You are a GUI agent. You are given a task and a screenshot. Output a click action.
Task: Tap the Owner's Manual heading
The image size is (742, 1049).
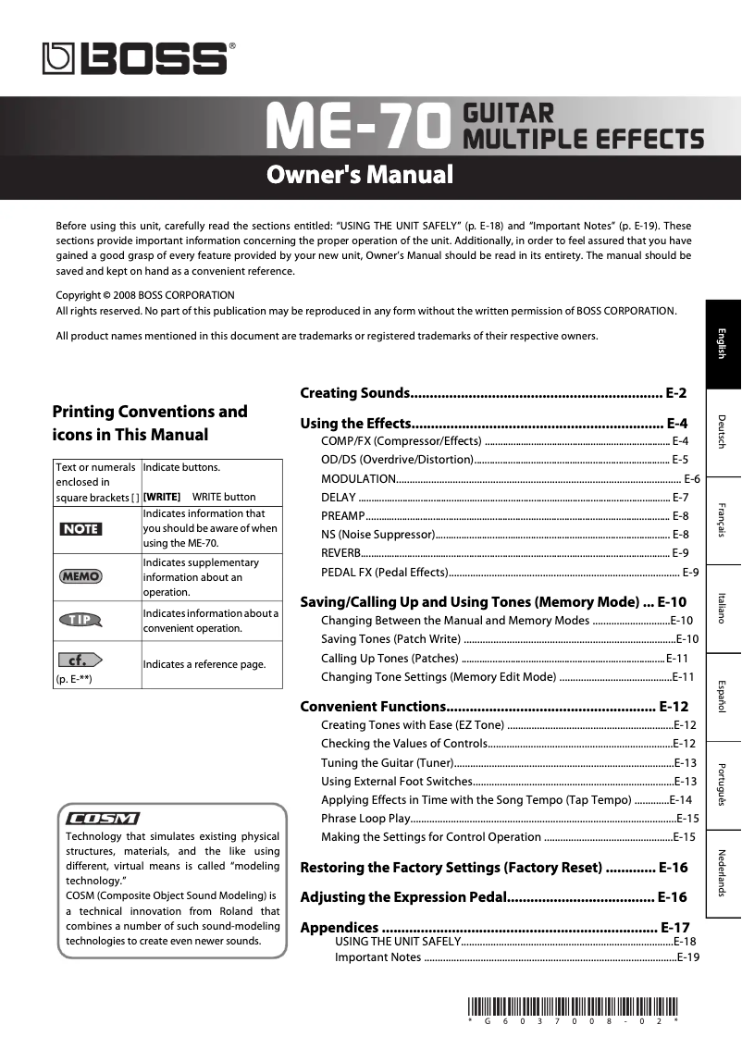coord(360,175)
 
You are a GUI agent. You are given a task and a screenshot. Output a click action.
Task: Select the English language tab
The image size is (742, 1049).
coord(723,343)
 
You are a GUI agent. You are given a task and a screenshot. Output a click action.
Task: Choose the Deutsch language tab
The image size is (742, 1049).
coord(723,431)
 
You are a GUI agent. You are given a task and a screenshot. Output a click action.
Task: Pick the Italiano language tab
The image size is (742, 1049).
coord(723,607)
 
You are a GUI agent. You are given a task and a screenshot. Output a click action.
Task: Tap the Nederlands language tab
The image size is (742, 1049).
coord(723,872)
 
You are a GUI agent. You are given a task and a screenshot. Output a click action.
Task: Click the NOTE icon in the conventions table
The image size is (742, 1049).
coord(80,528)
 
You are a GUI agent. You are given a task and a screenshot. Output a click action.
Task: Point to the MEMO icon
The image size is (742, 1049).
coord(80,576)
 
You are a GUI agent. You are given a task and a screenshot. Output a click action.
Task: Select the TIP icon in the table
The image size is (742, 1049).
coord(80,620)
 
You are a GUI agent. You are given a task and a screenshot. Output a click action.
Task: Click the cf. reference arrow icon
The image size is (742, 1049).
coord(80,660)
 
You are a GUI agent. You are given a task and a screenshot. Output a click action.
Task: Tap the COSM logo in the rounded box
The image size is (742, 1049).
coord(103,819)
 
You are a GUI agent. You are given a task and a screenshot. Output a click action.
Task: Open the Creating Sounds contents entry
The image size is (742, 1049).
coord(355,393)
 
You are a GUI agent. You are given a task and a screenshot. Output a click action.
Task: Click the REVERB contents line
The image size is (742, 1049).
coord(341,552)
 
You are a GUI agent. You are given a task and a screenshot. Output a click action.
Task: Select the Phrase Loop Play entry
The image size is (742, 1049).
coord(365,818)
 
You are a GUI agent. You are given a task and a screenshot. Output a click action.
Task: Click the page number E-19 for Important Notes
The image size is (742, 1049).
coord(687,957)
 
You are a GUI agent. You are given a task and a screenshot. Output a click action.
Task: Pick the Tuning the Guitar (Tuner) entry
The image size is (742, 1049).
coord(387,762)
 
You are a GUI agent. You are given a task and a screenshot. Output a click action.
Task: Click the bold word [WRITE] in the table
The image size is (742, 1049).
coord(162,497)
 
